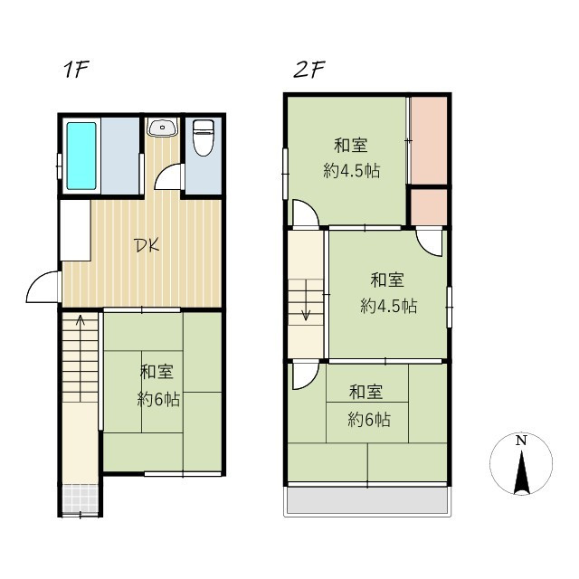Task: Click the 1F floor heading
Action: pos(74,71)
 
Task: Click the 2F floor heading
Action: pos(308,71)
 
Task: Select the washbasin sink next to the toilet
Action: pos(162,128)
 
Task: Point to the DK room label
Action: pos(147,245)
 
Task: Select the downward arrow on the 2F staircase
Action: pos(306,311)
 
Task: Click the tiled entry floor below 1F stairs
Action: pos(81,498)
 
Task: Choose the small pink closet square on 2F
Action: pos(429,206)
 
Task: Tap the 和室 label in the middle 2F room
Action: pos(387,279)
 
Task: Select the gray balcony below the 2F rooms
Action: pos(367,501)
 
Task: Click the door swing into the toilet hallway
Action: pos(168,179)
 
